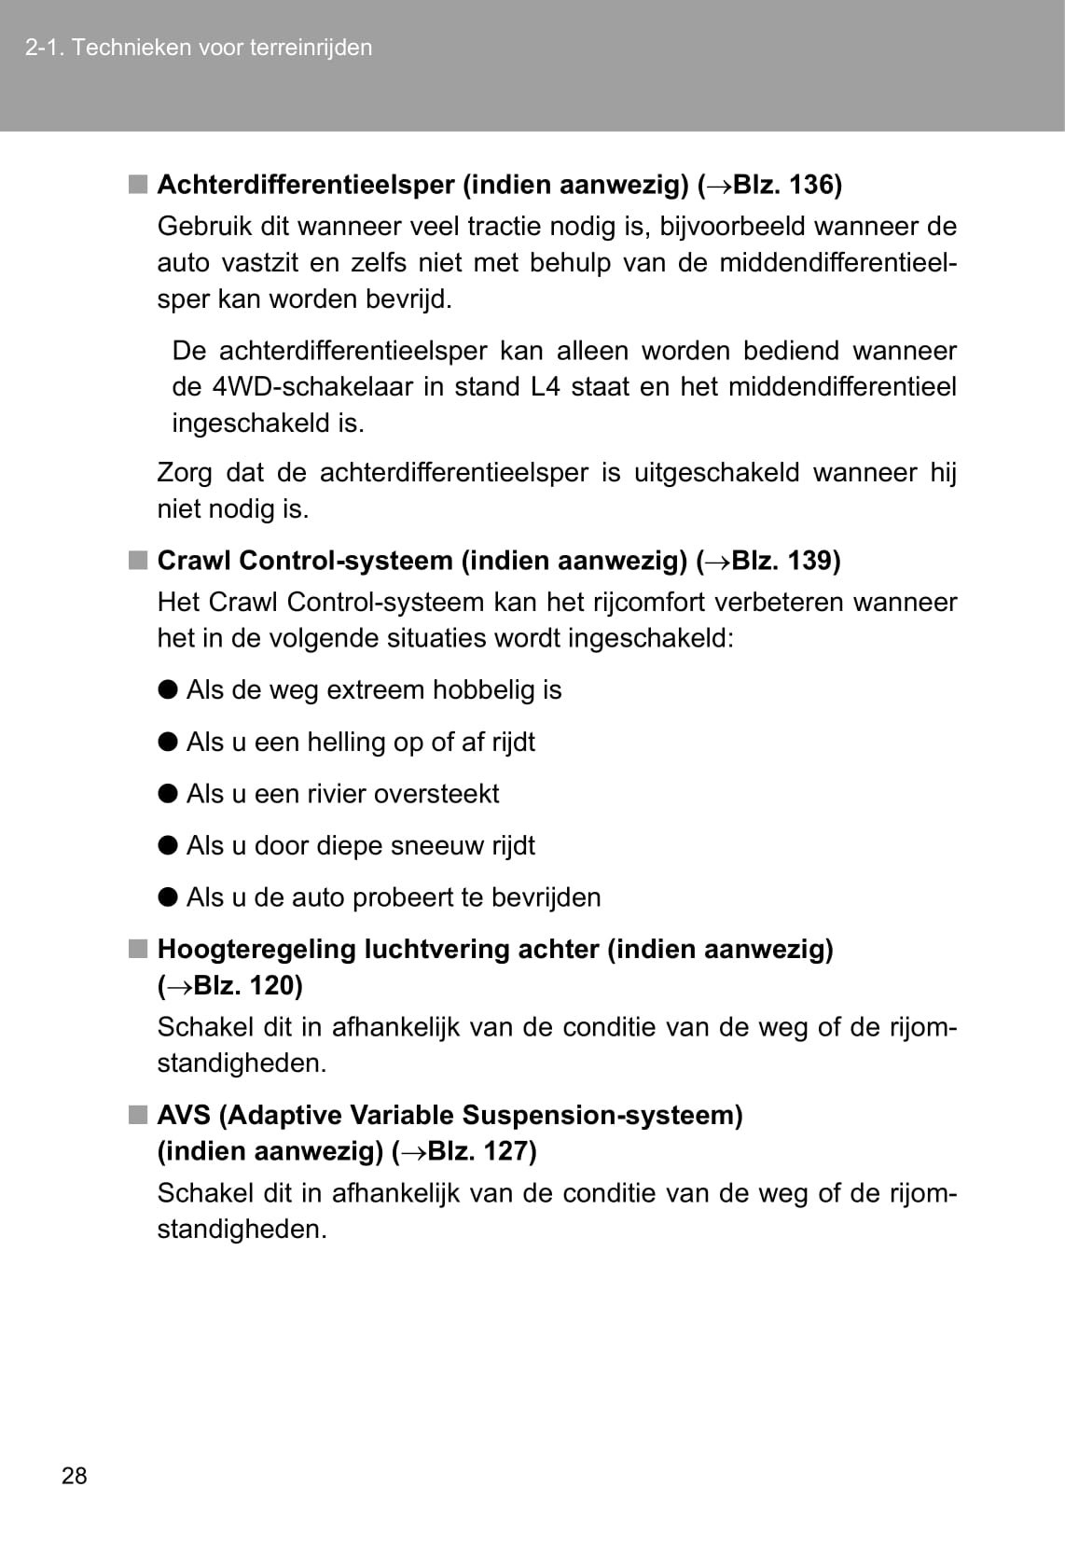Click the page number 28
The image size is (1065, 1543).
pyautogui.click(x=74, y=1475)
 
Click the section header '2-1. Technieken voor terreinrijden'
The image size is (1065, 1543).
pyautogui.click(x=199, y=48)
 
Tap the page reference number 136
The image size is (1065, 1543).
pyautogui.click(x=810, y=185)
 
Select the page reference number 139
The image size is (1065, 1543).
pyautogui.click(x=809, y=561)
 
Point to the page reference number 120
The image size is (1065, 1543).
pyautogui.click(x=270, y=985)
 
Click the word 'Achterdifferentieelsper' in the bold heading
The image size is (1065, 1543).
pyautogui.click(x=306, y=185)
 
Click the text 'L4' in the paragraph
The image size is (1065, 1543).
pyautogui.click(x=546, y=387)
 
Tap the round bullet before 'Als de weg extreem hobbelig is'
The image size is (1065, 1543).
pyautogui.click(x=168, y=689)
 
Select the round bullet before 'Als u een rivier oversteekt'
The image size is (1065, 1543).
pyautogui.click(x=168, y=793)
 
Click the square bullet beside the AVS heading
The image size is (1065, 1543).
pyautogui.click(x=138, y=1115)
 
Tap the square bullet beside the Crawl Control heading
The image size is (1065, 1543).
pyautogui.click(x=138, y=561)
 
